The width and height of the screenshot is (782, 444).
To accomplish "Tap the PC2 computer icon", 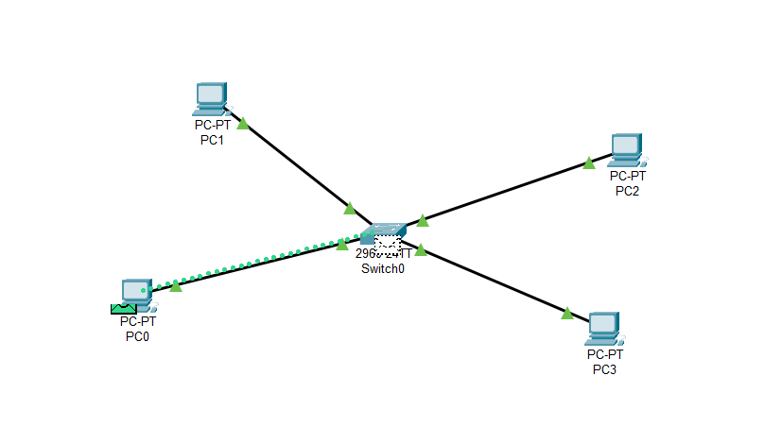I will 626,148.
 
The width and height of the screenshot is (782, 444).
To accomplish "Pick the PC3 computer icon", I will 603,327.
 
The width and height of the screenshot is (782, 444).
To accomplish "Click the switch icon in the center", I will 385,231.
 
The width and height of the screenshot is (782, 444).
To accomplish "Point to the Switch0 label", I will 383,268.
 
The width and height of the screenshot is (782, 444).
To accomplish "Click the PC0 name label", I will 137,337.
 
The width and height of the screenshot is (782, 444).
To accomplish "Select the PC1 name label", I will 212,140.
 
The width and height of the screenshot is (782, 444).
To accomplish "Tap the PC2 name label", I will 627,191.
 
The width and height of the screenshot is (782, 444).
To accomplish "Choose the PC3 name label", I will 604,369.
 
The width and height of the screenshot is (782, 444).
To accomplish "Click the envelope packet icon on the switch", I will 388,243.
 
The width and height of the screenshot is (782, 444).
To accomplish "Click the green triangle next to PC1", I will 243,123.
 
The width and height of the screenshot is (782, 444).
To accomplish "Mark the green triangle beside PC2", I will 589,162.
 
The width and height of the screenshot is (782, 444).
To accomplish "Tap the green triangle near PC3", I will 567,313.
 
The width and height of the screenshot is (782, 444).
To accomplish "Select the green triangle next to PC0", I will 176,285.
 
